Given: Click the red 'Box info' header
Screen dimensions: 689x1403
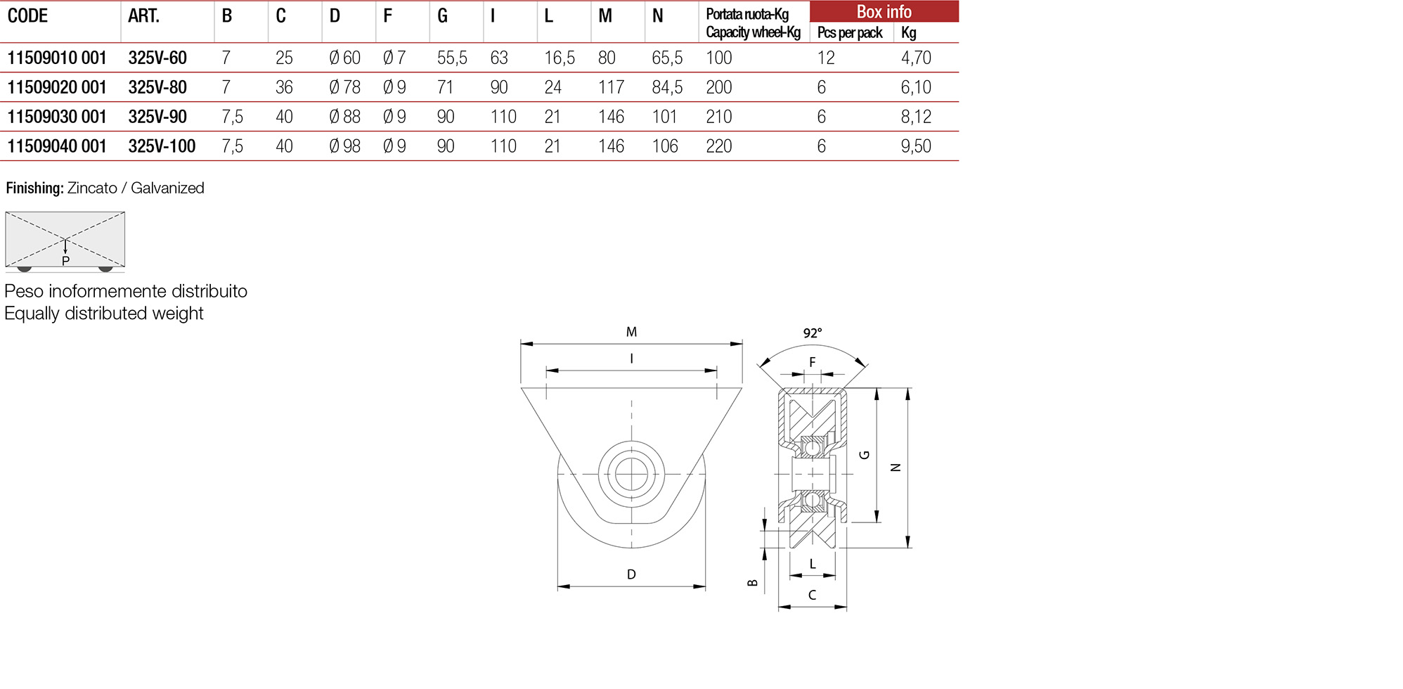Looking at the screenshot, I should click(x=884, y=12).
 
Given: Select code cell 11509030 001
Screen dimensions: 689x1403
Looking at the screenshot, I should click(x=57, y=117).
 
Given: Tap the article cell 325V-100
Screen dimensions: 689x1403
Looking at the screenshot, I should click(x=162, y=146).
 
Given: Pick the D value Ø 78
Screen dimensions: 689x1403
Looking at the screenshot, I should click(x=344, y=87).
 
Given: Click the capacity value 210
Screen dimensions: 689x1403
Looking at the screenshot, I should click(x=718, y=117).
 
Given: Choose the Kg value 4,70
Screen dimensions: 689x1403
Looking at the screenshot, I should click(x=916, y=58).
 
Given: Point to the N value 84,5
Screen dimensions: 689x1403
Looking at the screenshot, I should click(x=666, y=87).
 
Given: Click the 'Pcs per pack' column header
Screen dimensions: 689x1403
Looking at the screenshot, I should click(x=849, y=33).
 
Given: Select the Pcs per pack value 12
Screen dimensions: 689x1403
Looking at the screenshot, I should click(x=826, y=58).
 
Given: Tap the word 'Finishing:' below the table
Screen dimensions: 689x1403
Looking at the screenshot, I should click(x=34, y=188).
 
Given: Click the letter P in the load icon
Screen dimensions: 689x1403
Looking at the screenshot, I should click(x=65, y=262).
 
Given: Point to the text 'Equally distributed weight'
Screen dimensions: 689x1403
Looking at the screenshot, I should click(x=104, y=314).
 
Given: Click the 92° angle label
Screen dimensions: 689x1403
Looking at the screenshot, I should click(x=813, y=333).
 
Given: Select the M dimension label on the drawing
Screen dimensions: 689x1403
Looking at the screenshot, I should click(x=631, y=332).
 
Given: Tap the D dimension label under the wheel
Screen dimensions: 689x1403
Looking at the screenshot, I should click(x=631, y=574).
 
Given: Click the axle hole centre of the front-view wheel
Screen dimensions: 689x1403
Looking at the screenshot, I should click(x=631, y=475).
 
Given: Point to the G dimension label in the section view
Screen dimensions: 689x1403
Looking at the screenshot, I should click(x=865, y=455).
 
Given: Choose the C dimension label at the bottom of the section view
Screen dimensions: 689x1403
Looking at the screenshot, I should click(x=812, y=595).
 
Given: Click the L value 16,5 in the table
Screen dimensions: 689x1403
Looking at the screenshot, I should click(x=559, y=58).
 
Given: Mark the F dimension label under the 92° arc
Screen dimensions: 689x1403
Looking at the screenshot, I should click(x=813, y=362).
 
